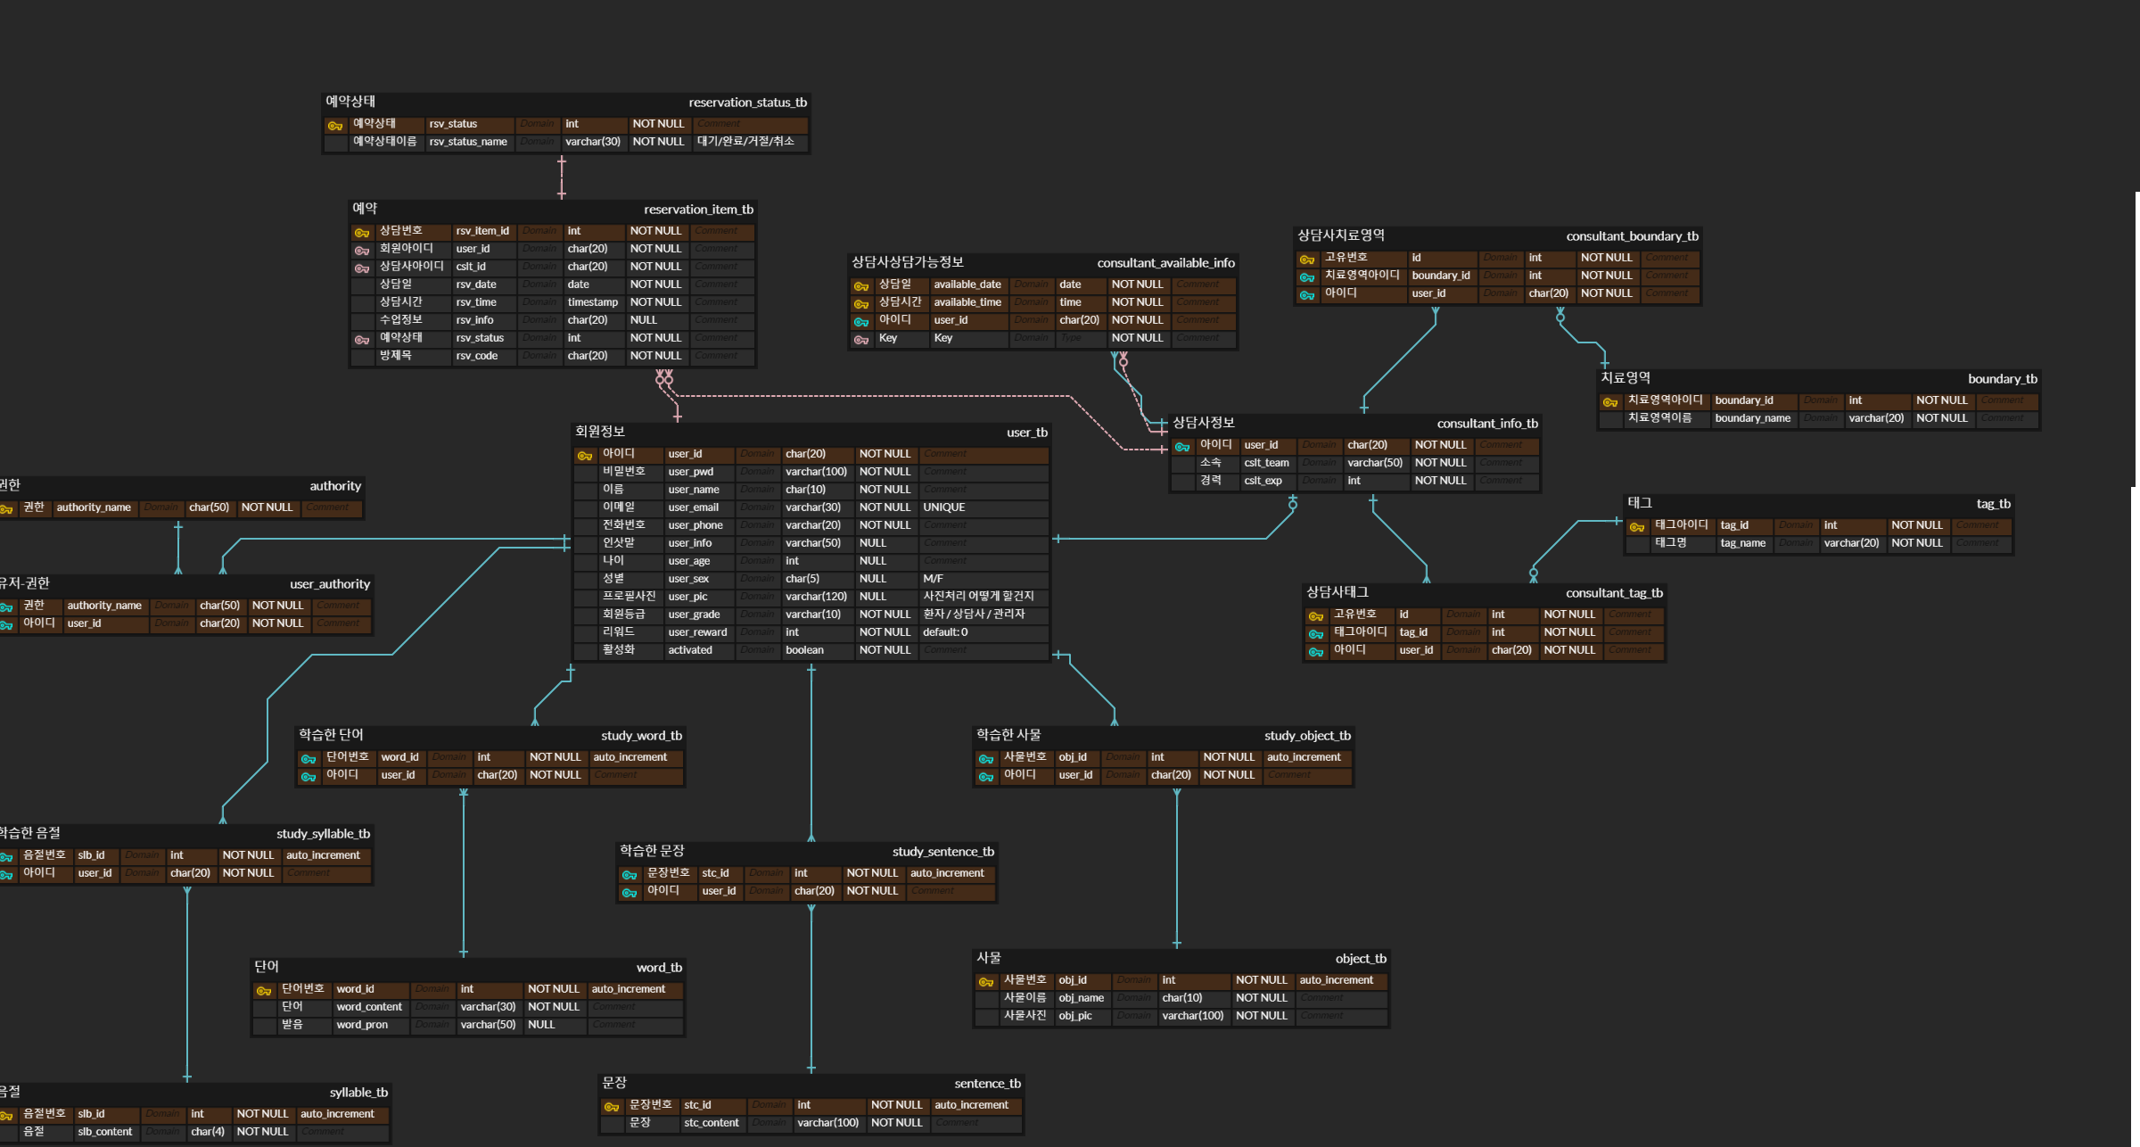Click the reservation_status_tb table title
pyautogui.click(x=747, y=103)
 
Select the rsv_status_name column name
pyautogui.click(x=468, y=142)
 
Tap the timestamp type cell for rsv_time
pyautogui.click(x=592, y=302)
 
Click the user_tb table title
pyautogui.click(x=1026, y=433)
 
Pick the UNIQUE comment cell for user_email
pyautogui.click(x=943, y=507)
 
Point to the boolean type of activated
pyautogui.click(x=804, y=650)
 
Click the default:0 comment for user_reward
pyautogui.click(x=945, y=632)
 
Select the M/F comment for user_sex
pyautogui.click(x=933, y=579)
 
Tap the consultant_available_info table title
pyautogui.click(x=1165, y=263)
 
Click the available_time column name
pyautogui.click(x=967, y=302)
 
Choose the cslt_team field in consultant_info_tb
pyautogui.click(x=1266, y=463)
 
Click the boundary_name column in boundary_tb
pyautogui.click(x=1752, y=418)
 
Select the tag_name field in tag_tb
pyautogui.click(x=1742, y=543)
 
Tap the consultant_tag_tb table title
pyautogui.click(x=1614, y=593)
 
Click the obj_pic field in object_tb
pyautogui.click(x=1074, y=1016)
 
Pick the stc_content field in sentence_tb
pyautogui.click(x=711, y=1123)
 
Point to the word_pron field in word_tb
pyautogui.click(x=362, y=1025)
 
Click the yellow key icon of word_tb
pyautogui.click(x=264, y=990)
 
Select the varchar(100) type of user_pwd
pyautogui.click(x=816, y=472)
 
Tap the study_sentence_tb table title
pyautogui.click(x=942, y=852)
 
